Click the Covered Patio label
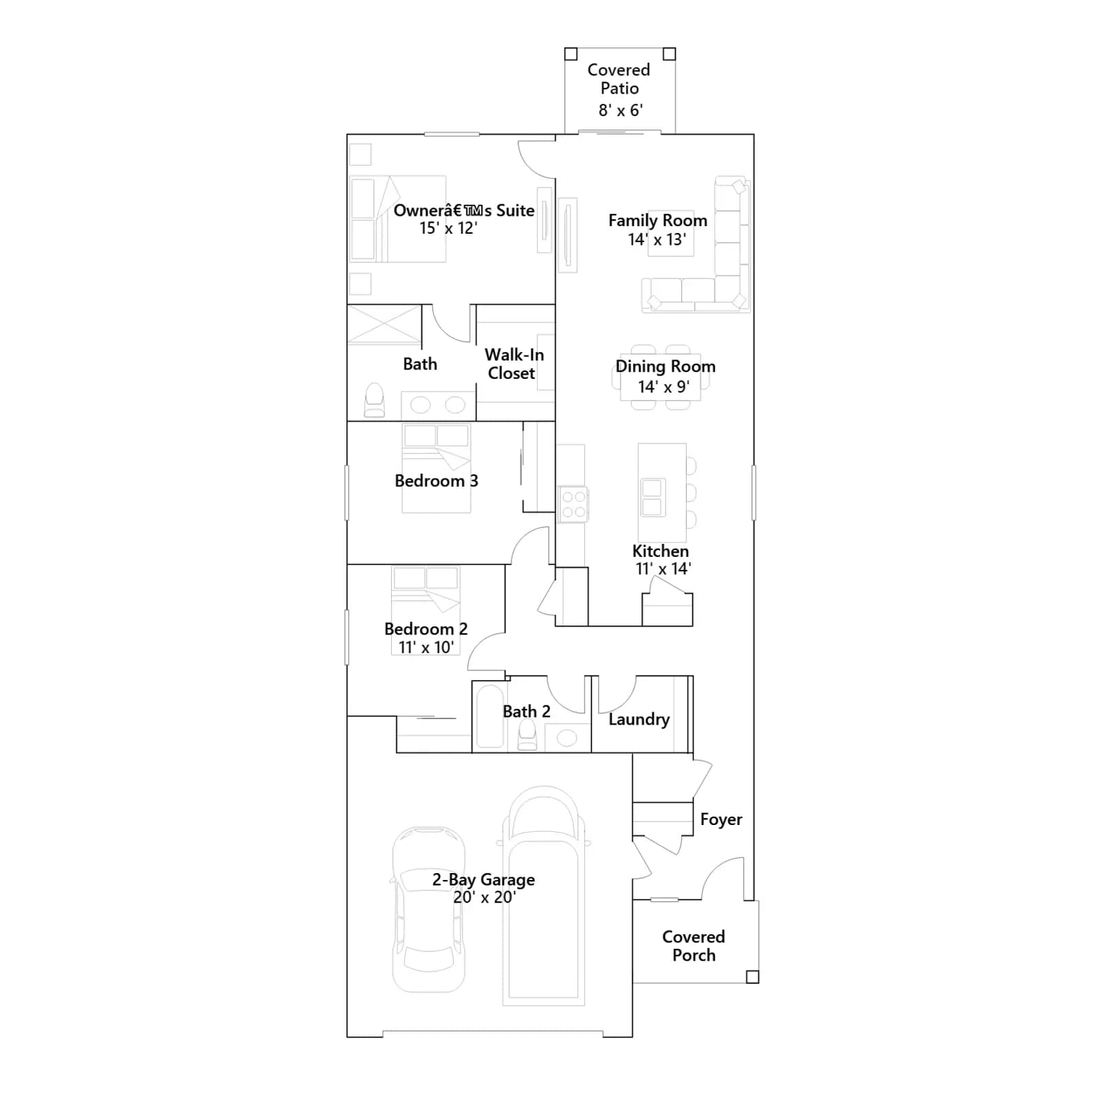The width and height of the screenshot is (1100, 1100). (x=619, y=79)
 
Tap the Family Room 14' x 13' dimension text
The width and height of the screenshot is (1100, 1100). (x=657, y=240)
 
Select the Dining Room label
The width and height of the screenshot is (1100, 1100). (x=665, y=366)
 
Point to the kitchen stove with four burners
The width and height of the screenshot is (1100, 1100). (x=573, y=503)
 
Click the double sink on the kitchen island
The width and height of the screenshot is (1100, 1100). (x=652, y=497)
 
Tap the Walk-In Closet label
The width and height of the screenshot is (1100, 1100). (x=514, y=364)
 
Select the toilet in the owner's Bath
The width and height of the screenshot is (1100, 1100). (x=374, y=400)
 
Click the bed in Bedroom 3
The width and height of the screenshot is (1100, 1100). (x=436, y=467)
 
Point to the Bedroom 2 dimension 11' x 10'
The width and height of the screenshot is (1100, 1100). (x=426, y=648)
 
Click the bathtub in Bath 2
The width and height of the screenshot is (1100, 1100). (x=489, y=716)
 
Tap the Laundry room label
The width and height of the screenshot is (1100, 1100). (x=639, y=720)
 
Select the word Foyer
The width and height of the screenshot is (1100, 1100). (x=721, y=819)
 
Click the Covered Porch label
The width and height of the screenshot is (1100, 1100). (x=694, y=946)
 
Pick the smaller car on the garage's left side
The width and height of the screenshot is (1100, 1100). (x=428, y=910)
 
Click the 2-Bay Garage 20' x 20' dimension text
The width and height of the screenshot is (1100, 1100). (x=484, y=897)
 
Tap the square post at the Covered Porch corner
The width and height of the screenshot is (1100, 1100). (x=752, y=977)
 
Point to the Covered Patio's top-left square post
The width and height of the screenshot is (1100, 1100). (x=571, y=54)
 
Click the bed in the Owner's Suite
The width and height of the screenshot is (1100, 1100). (x=398, y=219)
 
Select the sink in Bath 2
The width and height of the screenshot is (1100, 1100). (x=566, y=738)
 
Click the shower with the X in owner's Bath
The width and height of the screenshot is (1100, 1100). (x=384, y=324)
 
